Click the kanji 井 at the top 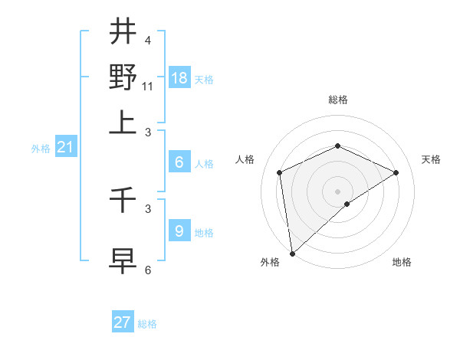coord(123,31)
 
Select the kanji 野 coord(123,77)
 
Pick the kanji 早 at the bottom coord(123,259)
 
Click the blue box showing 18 coord(179,78)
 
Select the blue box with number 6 coord(179,162)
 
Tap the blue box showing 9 coord(179,231)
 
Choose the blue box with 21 coord(64,148)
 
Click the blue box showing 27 coord(123,322)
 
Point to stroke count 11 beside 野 coord(148,86)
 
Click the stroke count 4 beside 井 coord(147,40)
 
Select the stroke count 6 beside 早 coord(148,269)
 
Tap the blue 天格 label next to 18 coord(204,80)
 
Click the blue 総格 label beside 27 coord(147,324)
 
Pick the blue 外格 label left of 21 coord(41,149)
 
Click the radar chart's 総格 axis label coord(337,100)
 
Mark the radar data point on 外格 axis coord(291,254)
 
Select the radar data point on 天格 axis coord(396,172)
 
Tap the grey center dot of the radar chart coord(337,191)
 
